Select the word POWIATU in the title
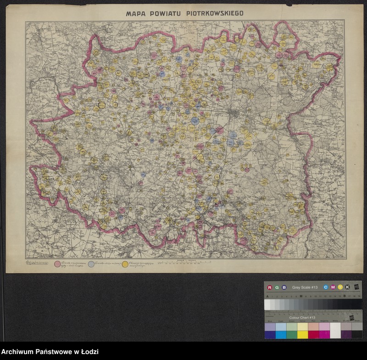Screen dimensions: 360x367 point(169,14)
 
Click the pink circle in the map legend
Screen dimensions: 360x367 point(58,264)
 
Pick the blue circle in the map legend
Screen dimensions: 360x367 point(91,264)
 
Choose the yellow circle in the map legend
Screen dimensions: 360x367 point(125,264)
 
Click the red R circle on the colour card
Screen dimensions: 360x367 point(270,287)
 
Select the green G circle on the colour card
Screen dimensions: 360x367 point(277,287)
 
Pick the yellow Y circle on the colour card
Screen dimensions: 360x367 point(340,287)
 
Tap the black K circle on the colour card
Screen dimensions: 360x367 point(347,287)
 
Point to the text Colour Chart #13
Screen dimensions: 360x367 point(302,317)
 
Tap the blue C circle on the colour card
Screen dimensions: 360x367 point(325,287)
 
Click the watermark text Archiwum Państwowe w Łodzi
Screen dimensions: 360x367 point(50,352)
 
